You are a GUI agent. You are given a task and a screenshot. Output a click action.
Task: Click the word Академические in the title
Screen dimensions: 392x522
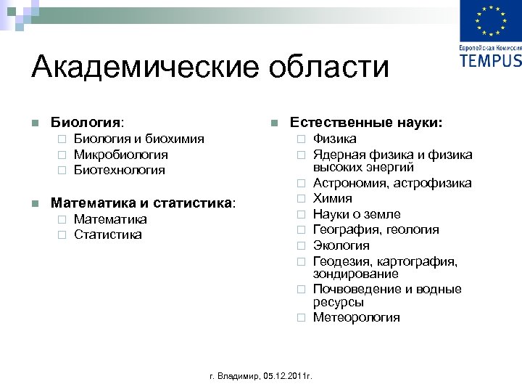138,68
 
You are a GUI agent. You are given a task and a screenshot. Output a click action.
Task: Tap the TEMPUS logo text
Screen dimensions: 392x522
490,59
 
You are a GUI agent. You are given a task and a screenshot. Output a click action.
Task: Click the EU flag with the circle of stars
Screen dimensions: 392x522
490,21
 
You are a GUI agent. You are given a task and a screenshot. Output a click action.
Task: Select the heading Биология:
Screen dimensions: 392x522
87,122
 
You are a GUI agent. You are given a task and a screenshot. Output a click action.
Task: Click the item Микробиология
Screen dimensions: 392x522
120,155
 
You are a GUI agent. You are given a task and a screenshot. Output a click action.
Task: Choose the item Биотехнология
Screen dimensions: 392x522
119,170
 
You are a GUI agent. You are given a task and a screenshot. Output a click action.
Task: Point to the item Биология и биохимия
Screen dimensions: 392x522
138,139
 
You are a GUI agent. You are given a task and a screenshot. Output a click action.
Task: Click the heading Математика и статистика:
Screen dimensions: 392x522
143,203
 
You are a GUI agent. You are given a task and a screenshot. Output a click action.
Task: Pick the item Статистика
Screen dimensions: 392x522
108,234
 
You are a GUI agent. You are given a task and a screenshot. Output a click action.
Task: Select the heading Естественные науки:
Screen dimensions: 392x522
367,122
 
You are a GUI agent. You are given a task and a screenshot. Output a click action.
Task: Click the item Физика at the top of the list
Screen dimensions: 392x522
334,139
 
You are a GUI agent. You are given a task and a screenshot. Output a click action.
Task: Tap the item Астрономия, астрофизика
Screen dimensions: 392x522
392,183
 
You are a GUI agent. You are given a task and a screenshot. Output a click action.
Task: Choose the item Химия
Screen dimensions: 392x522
333,198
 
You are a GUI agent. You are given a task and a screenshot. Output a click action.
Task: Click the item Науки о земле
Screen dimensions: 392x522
357,214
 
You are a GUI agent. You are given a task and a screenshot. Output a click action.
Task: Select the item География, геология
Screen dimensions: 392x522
376,230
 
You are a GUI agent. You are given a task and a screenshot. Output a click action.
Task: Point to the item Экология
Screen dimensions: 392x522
341,245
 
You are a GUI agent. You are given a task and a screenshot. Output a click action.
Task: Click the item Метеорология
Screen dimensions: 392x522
356,317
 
